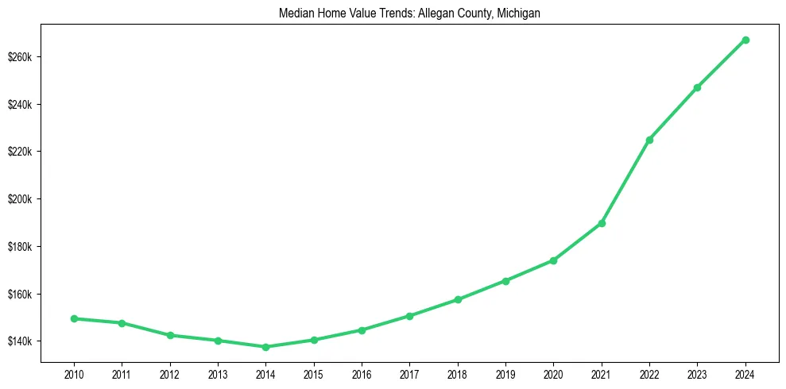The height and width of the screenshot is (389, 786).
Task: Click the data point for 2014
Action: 265,347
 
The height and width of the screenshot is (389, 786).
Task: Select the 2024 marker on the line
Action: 745,40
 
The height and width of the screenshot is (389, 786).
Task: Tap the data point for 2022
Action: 649,140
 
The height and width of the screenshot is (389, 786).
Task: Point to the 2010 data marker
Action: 74,318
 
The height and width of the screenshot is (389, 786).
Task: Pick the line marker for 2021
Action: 602,223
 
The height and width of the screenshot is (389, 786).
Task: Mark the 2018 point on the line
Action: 458,299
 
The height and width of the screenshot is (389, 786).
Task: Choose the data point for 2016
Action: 362,329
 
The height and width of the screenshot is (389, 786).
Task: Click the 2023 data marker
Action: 697,87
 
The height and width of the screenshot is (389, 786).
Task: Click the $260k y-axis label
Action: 20,57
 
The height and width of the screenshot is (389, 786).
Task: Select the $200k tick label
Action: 20,199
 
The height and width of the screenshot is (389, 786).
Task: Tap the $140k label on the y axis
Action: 20,341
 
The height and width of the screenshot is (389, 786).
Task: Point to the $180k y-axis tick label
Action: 20,247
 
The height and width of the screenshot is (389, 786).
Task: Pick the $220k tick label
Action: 20,152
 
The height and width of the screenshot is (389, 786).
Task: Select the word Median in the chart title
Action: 296,13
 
